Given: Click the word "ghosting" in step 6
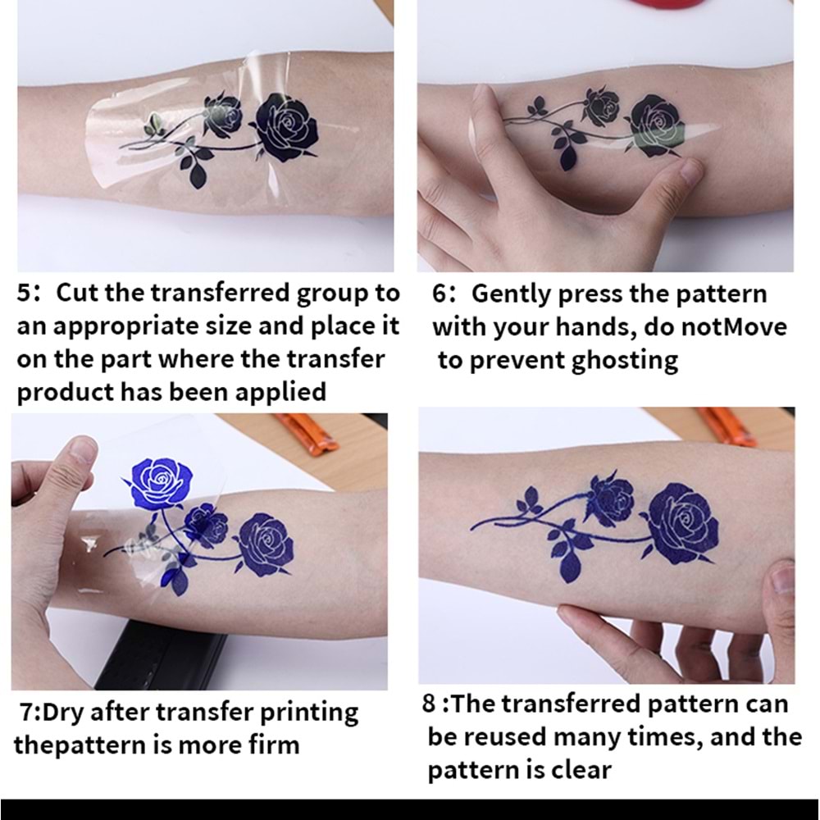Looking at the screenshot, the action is [625, 361].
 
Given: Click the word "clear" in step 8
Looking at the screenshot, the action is [581, 770].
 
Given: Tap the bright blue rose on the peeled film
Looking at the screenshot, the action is [160, 481].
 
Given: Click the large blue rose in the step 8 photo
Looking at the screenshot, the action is [682, 523].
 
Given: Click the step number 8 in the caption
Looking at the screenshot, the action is [430, 704].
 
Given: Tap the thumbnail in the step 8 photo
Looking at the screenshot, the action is [782, 581].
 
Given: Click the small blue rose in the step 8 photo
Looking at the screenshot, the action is [611, 499].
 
